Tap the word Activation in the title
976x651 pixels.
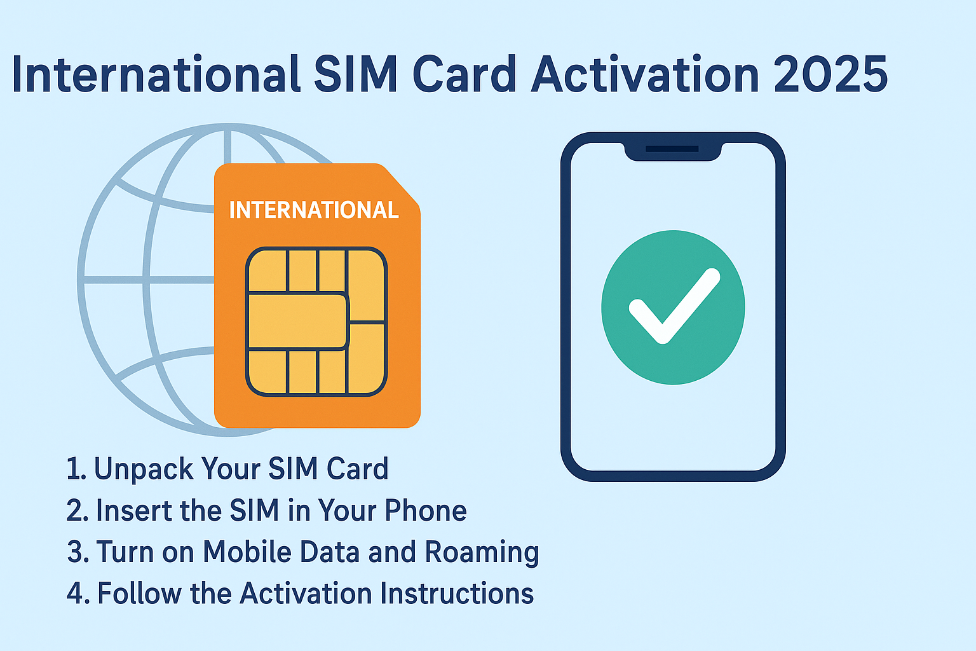[644, 75]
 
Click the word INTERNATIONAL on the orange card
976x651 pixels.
[314, 210]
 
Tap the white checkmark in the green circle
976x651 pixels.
[674, 306]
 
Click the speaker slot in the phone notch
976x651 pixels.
[672, 149]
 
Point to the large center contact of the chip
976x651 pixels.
[297, 322]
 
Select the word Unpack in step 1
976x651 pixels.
[144, 469]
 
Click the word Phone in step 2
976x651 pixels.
[426, 511]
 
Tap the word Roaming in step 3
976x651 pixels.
[482, 552]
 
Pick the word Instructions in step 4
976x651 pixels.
[457, 594]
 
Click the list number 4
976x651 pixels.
[76, 594]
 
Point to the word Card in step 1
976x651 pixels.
[357, 469]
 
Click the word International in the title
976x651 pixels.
[156, 75]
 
